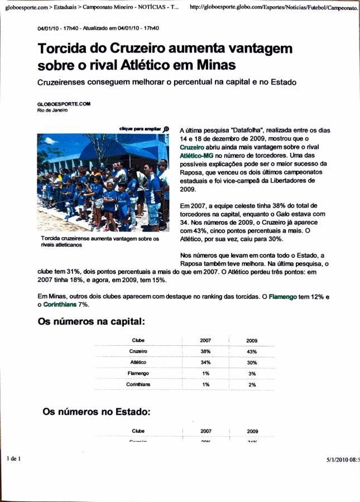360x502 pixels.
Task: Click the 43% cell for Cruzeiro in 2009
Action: [252, 351]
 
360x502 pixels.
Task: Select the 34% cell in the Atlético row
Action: [205, 363]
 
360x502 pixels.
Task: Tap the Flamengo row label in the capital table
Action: [138, 373]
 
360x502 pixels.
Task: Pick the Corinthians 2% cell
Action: [252, 384]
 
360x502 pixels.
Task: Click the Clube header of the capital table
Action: [138, 340]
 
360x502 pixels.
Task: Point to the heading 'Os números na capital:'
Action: [92, 322]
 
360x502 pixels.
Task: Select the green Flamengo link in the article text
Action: [282, 297]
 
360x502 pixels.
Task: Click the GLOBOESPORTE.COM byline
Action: [63, 104]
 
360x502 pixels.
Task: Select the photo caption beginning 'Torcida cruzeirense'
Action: [99, 241]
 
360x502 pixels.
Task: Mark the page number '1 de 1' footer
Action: [13, 458]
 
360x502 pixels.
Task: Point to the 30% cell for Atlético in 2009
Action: [252, 363]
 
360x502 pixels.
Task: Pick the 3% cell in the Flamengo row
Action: [252, 373]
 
